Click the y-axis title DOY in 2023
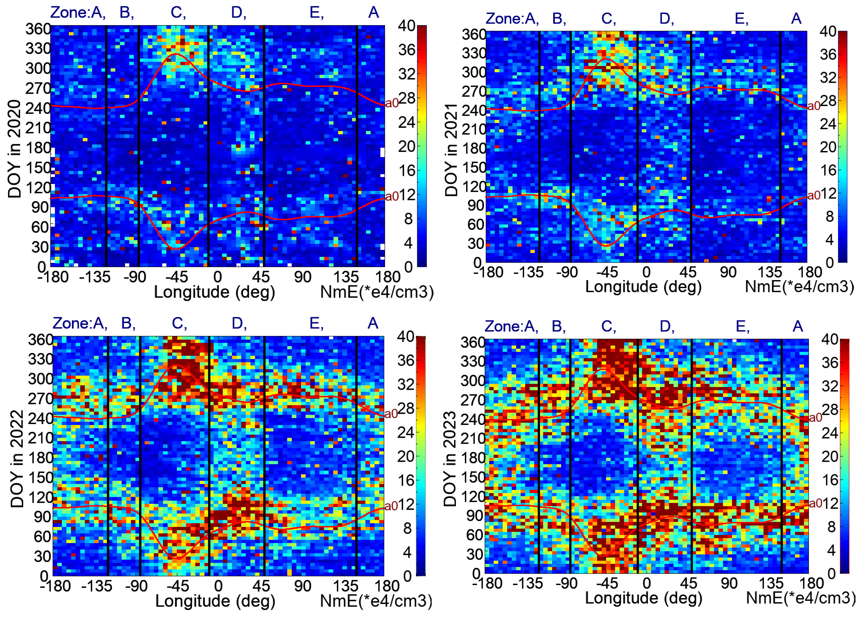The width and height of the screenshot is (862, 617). tap(450, 459)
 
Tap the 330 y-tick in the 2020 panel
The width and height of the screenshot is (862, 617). tap(38, 49)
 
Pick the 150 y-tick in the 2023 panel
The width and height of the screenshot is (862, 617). tap(472, 477)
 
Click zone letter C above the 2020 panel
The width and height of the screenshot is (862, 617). tap(177, 13)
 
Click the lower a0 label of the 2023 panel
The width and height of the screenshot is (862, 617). tap(815, 503)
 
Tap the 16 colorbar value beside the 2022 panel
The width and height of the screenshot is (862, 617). tap(405, 480)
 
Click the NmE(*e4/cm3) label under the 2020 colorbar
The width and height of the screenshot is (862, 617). tap(377, 292)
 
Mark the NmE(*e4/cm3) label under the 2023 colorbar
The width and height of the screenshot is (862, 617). tap(801, 598)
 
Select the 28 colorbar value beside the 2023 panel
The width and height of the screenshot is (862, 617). tap(829, 410)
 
